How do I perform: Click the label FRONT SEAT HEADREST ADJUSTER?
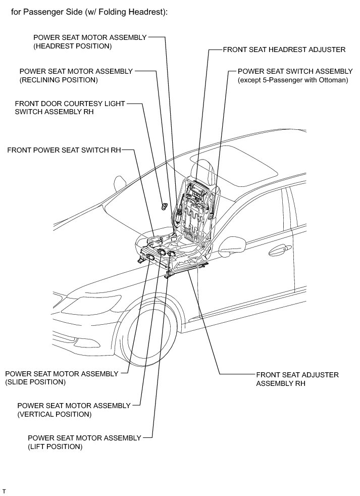pyautogui.click(x=284, y=49)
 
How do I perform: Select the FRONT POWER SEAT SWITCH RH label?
pyautogui.click(x=64, y=150)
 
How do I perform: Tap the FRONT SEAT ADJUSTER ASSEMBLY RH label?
pyautogui.click(x=297, y=379)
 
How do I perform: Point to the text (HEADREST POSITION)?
pyautogui.click(x=72, y=46)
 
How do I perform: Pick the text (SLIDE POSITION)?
pyautogui.click(x=35, y=382)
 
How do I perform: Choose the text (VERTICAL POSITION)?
pyautogui.click(x=54, y=414)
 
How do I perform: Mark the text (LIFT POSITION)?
pyautogui.click(x=55, y=447)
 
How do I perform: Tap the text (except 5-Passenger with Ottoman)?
pyautogui.click(x=293, y=80)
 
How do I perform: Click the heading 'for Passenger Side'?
pyautogui.click(x=89, y=12)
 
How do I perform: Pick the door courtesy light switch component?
pyautogui.click(x=164, y=205)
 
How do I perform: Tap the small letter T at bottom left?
pyautogui.click(x=4, y=490)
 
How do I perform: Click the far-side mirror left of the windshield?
pyautogui.click(x=120, y=182)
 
